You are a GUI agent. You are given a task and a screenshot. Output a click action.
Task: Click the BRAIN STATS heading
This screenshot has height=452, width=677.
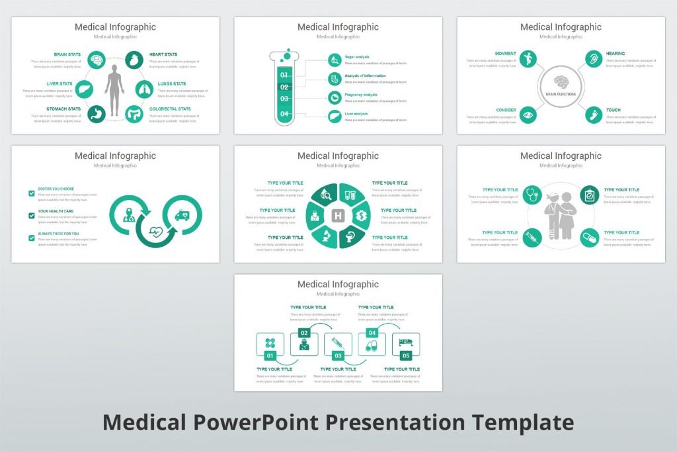point(67,54)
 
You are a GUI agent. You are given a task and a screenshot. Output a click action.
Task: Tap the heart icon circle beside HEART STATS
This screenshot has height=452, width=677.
point(134,60)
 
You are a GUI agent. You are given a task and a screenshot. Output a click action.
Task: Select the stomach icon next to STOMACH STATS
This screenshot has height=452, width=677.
point(97,114)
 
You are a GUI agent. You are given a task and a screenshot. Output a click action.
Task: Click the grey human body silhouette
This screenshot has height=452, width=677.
point(114,89)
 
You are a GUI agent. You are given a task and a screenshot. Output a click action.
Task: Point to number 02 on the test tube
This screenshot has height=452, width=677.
point(284,87)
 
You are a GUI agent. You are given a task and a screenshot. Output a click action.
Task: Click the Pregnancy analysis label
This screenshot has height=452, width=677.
point(361,95)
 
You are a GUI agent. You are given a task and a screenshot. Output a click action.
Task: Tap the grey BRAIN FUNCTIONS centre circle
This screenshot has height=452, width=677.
point(560,86)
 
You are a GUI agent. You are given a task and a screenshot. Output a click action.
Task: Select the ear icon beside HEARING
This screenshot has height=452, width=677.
point(594,59)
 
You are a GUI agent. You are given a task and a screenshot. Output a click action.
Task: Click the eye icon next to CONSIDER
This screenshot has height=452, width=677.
point(527,114)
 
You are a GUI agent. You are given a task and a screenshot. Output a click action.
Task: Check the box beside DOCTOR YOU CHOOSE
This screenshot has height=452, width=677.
point(32,193)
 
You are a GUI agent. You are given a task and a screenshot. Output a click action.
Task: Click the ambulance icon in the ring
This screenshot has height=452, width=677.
point(181,215)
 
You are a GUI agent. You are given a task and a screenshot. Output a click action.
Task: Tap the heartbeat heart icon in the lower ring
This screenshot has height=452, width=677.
point(156,232)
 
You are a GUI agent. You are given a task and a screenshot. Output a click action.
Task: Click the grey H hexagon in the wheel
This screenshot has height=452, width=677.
point(338,216)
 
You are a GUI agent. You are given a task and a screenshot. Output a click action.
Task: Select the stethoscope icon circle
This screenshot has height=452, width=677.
point(531,195)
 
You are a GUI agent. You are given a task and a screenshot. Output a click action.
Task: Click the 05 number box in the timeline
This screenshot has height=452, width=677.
point(406,355)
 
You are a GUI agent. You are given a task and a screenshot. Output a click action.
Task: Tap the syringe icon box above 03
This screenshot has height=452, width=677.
point(338,342)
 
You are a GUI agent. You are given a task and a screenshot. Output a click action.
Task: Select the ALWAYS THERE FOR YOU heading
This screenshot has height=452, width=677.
point(58,234)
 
